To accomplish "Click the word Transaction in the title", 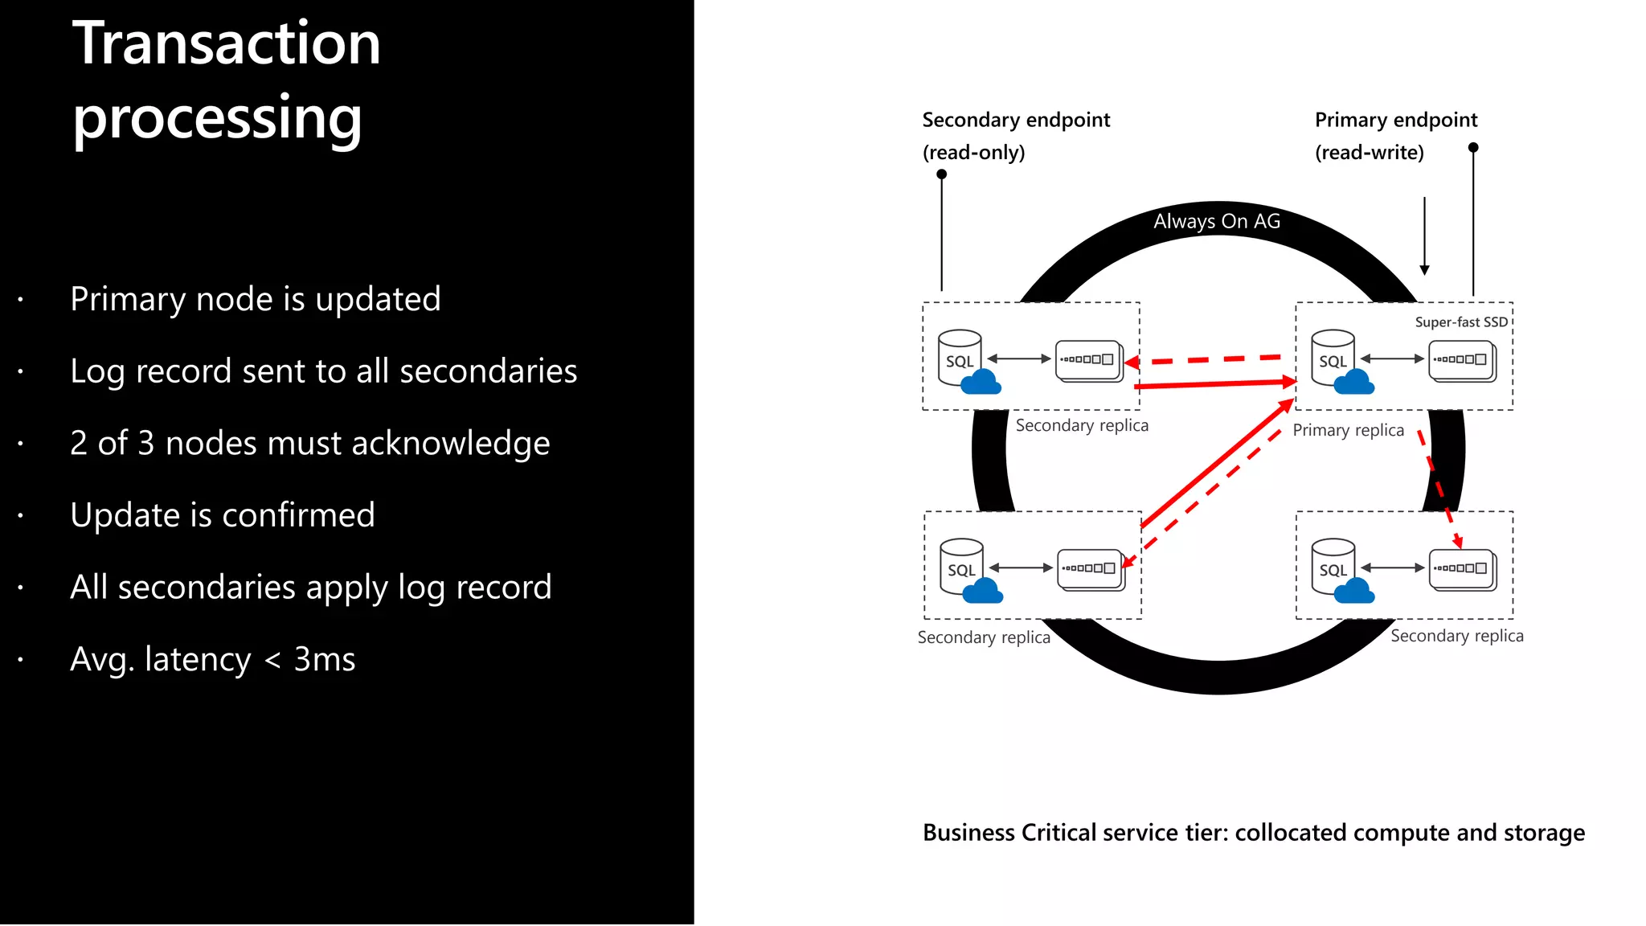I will click(226, 43).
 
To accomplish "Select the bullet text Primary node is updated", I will click(255, 299).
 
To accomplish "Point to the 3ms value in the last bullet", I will click(324, 659).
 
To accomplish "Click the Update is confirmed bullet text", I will click(222, 515).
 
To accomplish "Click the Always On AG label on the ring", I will click(1216, 221).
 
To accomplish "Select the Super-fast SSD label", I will click(1460, 322).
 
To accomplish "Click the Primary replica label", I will click(1348, 430).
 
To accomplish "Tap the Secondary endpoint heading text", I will click(1015, 121).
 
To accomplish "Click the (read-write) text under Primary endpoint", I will click(1369, 153).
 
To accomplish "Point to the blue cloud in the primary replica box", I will click(1354, 383).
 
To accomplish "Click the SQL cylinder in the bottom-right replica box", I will click(1333, 566).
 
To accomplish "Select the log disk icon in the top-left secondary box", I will click(1088, 360).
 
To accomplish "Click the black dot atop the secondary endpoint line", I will click(941, 174).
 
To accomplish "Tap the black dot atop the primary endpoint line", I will click(1472, 148).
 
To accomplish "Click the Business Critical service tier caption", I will click(1253, 833).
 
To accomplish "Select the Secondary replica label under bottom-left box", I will click(984, 637).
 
